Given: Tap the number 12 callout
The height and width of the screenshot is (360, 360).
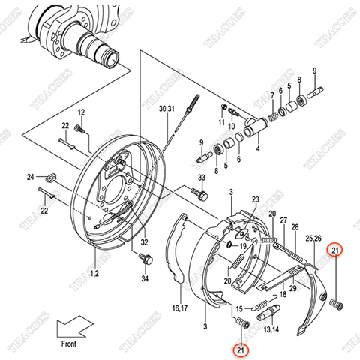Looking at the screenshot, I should click(x=82, y=112).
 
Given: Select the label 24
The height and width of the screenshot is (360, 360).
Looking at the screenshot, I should click(x=31, y=177).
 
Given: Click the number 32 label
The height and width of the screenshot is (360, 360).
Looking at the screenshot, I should click(x=145, y=241).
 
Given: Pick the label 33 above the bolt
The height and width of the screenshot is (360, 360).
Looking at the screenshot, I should click(x=201, y=177).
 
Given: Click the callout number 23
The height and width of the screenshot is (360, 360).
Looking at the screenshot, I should click(x=256, y=199).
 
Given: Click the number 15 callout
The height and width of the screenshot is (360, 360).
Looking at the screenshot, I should click(x=240, y=307).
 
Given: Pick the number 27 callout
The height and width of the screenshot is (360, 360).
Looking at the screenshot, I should click(x=283, y=220).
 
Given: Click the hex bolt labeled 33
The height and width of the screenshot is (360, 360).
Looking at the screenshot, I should click(x=201, y=193).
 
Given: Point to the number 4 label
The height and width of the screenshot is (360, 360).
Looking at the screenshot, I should click(x=257, y=148).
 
